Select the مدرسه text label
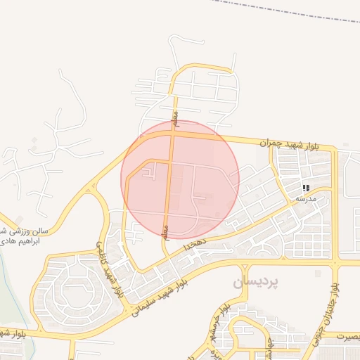306,199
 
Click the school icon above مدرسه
306,188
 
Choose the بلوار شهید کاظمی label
110,268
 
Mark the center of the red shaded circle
180,180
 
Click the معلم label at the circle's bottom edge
165,231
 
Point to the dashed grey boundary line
281,10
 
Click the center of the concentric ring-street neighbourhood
79,292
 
